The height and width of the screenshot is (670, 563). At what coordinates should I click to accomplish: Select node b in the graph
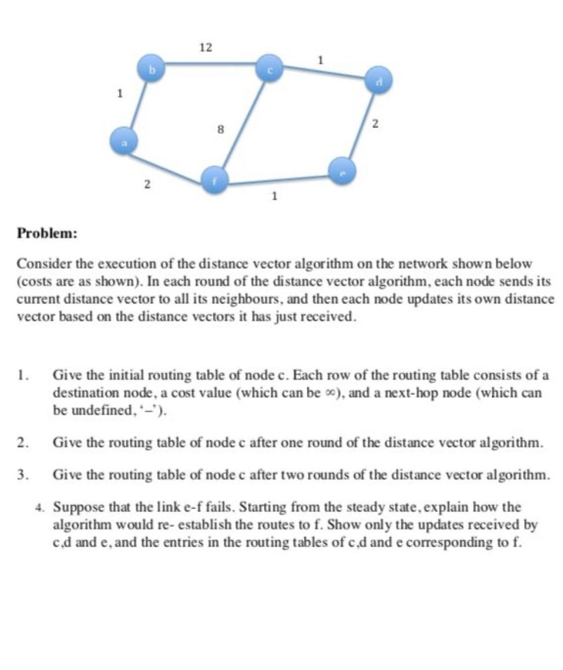[x=152, y=69]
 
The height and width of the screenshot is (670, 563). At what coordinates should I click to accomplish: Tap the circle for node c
[x=270, y=68]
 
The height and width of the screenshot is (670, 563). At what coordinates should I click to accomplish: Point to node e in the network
[x=343, y=171]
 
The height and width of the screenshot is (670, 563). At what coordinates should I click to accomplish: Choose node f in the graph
[x=213, y=181]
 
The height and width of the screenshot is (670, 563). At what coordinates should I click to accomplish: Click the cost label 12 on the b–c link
[x=206, y=47]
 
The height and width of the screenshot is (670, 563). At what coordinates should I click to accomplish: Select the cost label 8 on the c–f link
[x=220, y=130]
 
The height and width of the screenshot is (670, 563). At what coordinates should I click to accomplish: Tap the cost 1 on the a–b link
[x=119, y=93]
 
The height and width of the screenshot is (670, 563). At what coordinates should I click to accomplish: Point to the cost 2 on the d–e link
[x=375, y=123]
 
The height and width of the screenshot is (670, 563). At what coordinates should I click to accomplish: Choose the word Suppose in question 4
[x=78, y=507]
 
